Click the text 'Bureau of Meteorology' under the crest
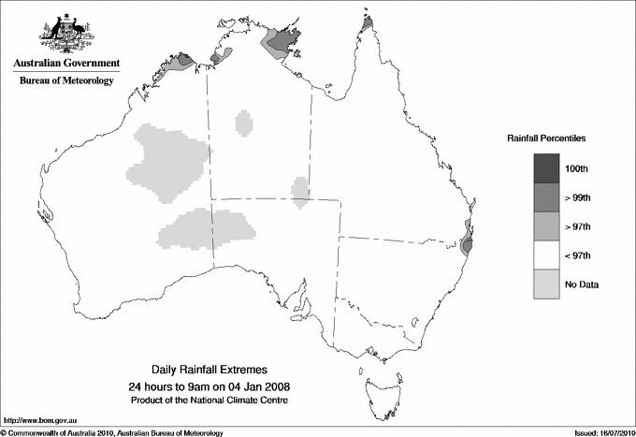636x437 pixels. coord(66,80)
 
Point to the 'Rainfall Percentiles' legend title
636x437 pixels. coord(546,138)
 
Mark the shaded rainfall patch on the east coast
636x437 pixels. coord(467,243)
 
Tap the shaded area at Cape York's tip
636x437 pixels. coord(368,22)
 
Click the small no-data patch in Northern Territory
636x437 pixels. coord(244,123)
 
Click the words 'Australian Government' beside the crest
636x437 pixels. coord(66,64)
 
